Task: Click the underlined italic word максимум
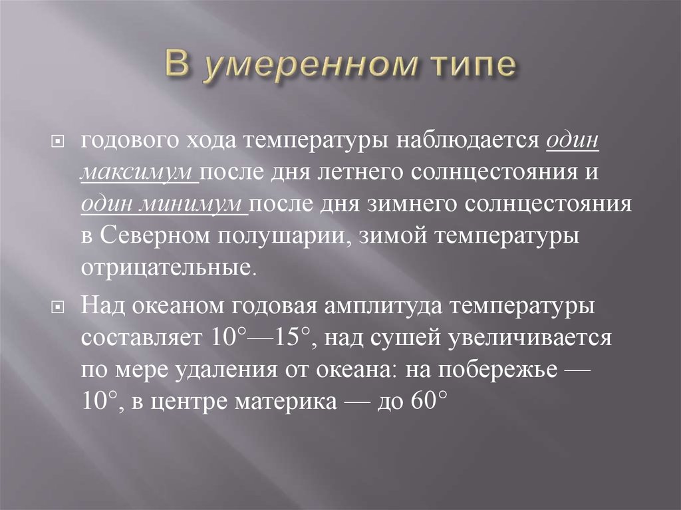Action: (x=138, y=172)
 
